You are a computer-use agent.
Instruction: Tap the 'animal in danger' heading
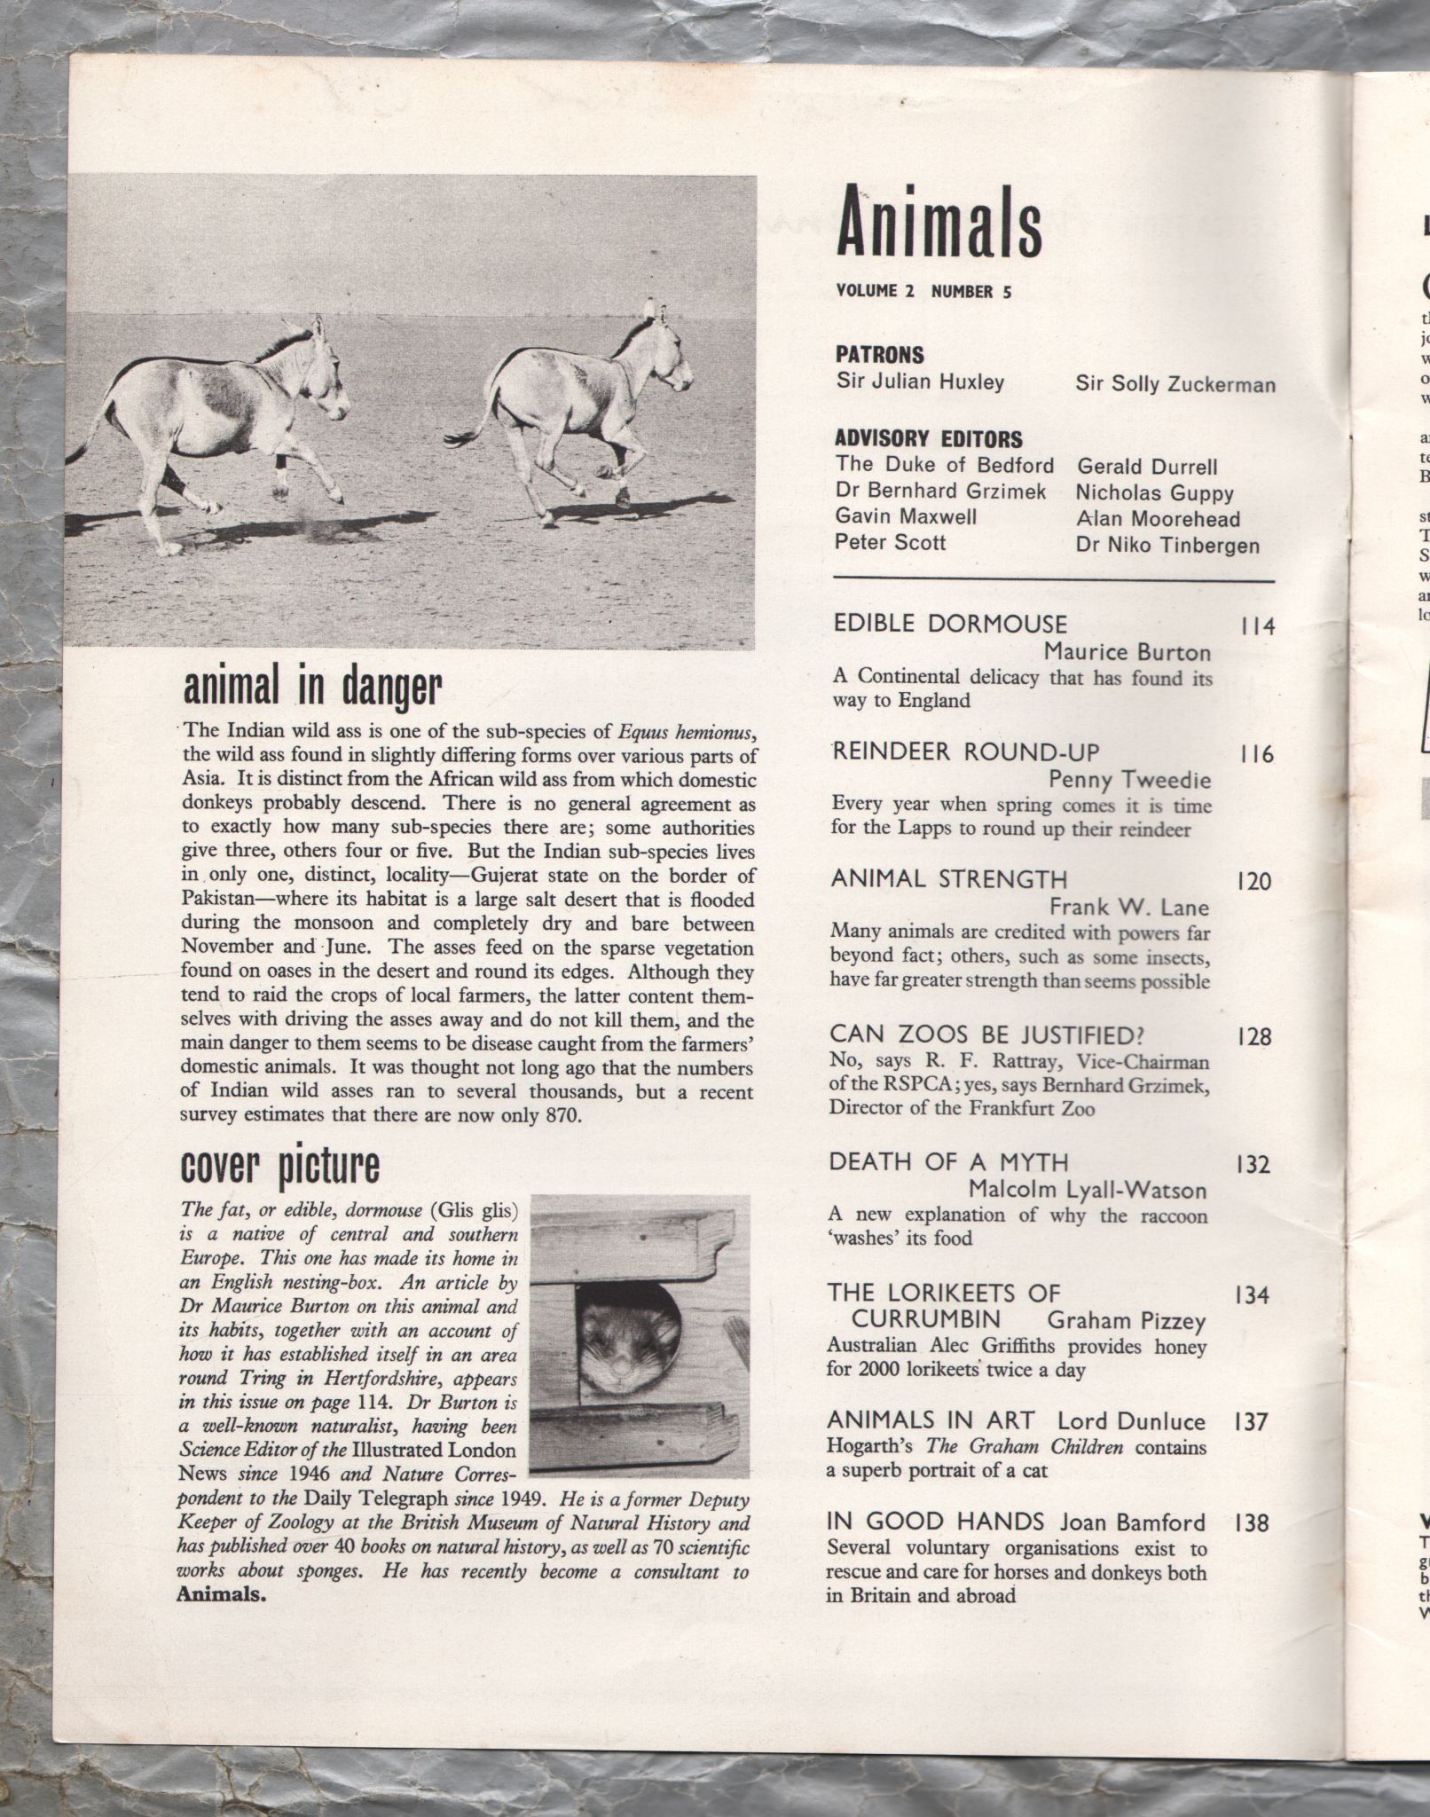pyautogui.click(x=311, y=688)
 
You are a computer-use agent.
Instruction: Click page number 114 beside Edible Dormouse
pyautogui.click(x=1256, y=626)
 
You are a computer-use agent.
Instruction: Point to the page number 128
pyautogui.click(x=1253, y=1036)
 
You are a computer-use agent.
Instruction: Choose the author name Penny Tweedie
pyautogui.click(x=1129, y=779)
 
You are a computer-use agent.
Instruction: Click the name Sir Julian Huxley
pyautogui.click(x=920, y=382)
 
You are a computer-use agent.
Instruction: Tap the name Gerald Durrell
pyautogui.click(x=1147, y=467)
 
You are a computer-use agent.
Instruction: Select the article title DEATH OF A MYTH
pyautogui.click(x=948, y=1162)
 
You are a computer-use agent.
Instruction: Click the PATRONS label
pyautogui.click(x=879, y=355)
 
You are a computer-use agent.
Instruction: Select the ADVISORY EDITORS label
pyautogui.click(x=928, y=439)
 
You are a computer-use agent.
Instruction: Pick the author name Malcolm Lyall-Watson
pyautogui.click(x=1088, y=1189)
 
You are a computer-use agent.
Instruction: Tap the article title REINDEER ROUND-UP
pyautogui.click(x=965, y=752)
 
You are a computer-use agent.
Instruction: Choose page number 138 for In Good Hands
pyautogui.click(x=1253, y=1523)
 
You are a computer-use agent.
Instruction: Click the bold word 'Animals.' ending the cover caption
pyautogui.click(x=222, y=1593)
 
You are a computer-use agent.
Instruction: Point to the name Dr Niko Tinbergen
pyautogui.click(x=1167, y=545)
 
